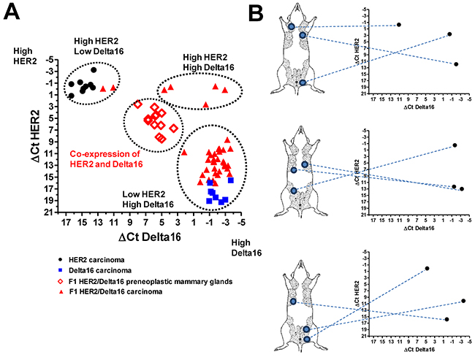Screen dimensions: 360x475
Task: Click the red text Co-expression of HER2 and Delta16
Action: (x=105, y=158)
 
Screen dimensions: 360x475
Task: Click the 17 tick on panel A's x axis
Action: (x=68, y=224)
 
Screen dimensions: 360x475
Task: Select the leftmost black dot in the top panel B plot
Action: (x=399, y=25)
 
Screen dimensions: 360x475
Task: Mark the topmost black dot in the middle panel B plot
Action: (x=455, y=145)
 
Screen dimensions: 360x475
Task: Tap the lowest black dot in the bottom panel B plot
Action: (x=446, y=319)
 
